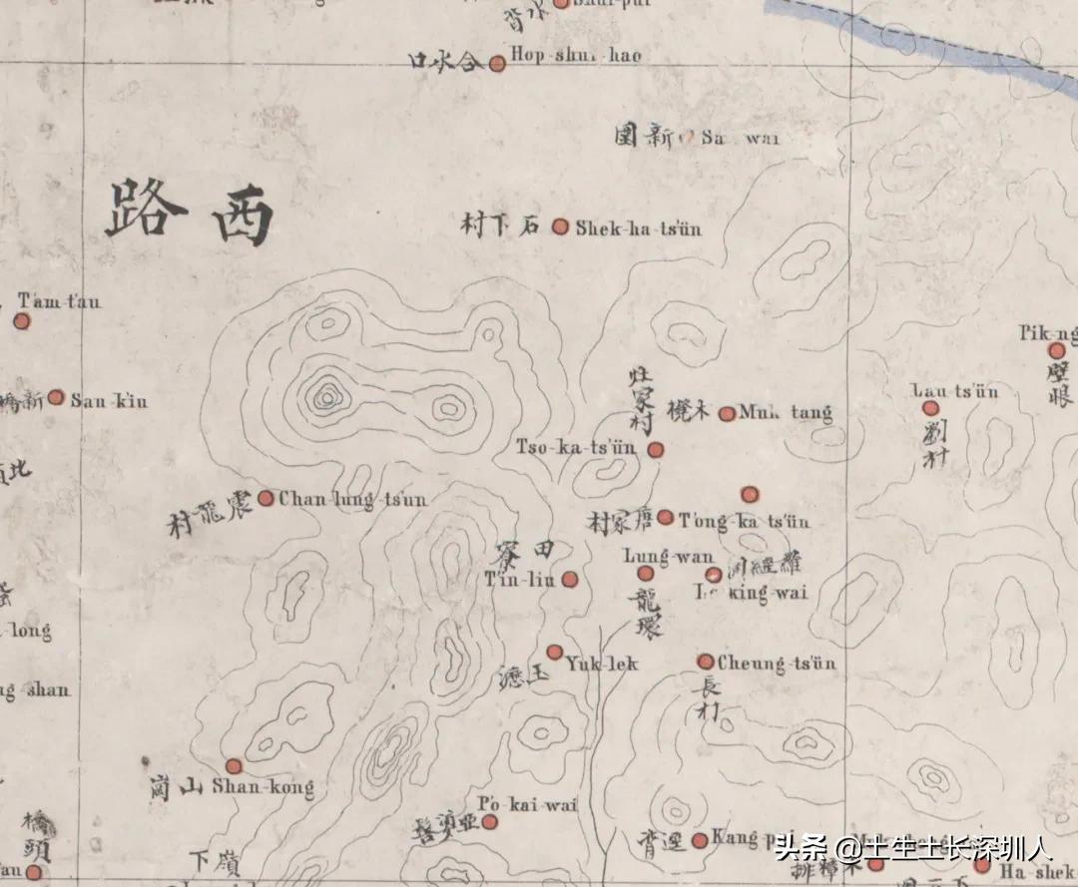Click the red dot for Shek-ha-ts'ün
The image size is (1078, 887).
click(560, 226)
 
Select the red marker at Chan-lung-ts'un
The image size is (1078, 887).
click(267, 498)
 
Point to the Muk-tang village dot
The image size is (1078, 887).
click(727, 413)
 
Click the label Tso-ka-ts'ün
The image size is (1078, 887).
click(576, 448)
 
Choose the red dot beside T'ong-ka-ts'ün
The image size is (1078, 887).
click(665, 517)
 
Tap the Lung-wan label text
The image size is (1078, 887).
click(668, 557)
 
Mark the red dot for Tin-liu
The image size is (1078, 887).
click(569, 579)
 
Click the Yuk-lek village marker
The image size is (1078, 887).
click(555, 652)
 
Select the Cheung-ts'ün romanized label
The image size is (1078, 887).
click(778, 664)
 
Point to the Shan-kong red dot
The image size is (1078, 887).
click(234, 766)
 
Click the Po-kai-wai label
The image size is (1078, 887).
click(528, 804)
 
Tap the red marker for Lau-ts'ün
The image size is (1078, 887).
click(930, 408)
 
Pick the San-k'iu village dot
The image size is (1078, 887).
click(57, 397)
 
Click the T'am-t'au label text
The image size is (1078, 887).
click(60, 302)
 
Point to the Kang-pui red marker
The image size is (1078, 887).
click(700, 840)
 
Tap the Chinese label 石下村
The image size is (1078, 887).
click(500, 225)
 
